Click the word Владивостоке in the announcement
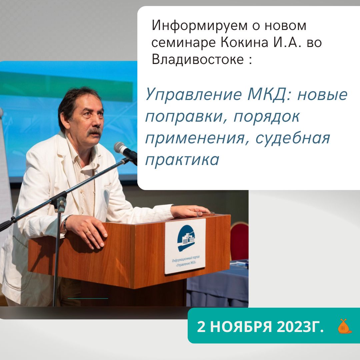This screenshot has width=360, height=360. pyautogui.click(x=198, y=59)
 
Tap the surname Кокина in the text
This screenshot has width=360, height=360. pyautogui.click(x=245, y=42)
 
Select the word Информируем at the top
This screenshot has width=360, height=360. pyautogui.click(x=200, y=26)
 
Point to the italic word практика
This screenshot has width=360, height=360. pyautogui.click(x=182, y=160)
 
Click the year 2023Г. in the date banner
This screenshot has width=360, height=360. pyautogui.click(x=300, y=326)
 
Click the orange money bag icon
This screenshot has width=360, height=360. pyautogui.click(x=344, y=326)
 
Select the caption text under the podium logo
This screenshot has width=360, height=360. pyautogui.click(x=186, y=261)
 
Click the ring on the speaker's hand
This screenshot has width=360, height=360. pyautogui.click(x=87, y=231)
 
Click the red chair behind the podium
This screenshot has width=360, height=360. pyautogui.click(x=239, y=241)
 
